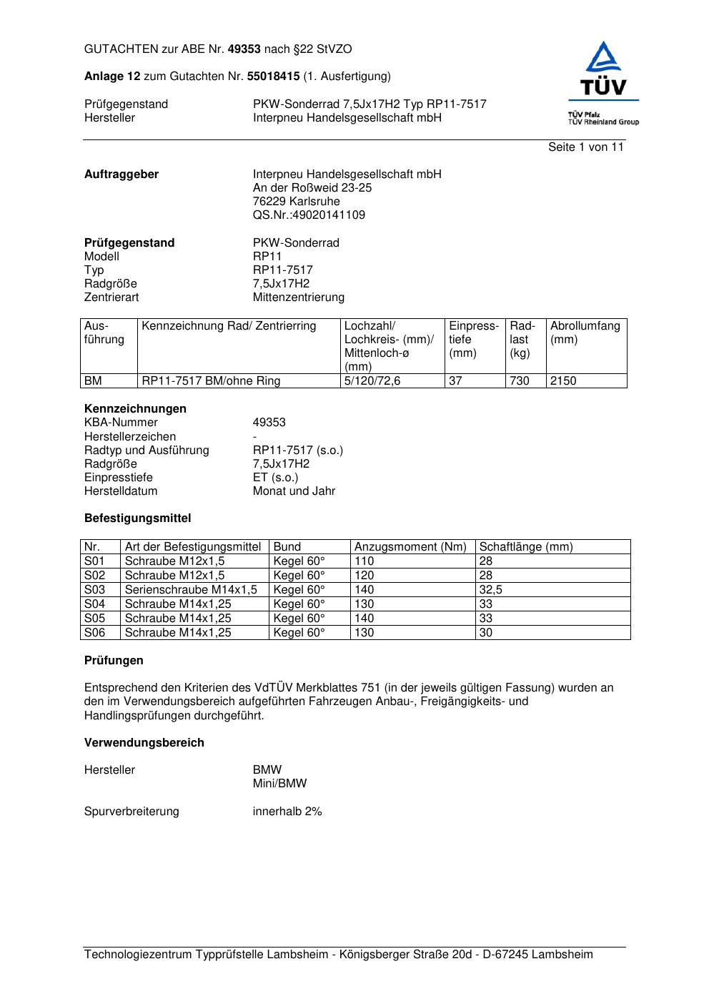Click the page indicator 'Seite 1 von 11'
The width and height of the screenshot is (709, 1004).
click(x=585, y=147)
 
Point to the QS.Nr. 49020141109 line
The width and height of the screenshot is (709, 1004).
click(x=309, y=215)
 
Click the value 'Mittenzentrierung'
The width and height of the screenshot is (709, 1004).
click(x=298, y=297)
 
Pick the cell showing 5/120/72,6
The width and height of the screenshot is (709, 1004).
click(x=372, y=381)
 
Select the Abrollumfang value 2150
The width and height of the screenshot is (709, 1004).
click(x=563, y=381)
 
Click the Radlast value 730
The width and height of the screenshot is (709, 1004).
click(x=520, y=381)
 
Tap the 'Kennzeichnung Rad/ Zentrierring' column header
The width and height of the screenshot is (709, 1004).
click(x=229, y=326)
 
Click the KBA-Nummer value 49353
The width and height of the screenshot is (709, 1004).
click(x=269, y=423)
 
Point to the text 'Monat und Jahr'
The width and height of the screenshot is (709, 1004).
click(x=294, y=491)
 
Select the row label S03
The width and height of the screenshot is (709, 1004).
click(x=94, y=590)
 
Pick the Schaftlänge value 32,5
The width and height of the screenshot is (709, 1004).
click(x=490, y=590)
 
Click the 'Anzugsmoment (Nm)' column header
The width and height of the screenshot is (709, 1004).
click(x=410, y=547)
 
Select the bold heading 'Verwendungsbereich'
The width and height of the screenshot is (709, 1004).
click(x=144, y=743)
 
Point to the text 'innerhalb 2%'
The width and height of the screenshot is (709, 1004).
click(x=287, y=812)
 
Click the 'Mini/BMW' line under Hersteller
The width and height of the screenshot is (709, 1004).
click(x=279, y=784)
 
